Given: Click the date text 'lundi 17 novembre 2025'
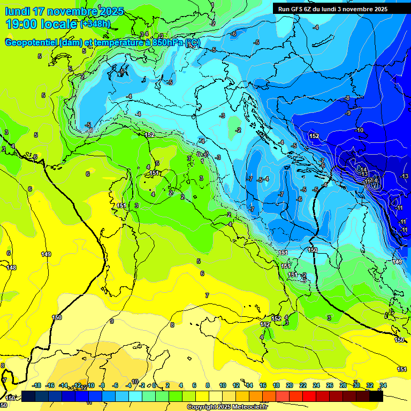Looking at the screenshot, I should (x=64, y=11).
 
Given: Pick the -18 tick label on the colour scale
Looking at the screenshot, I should (x=36, y=385).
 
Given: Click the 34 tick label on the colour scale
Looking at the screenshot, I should (x=383, y=385).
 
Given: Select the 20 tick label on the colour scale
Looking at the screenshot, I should (x=290, y=385).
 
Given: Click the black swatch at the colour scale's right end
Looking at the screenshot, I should (x=376, y=396).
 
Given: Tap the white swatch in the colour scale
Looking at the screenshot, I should (x=216, y=396).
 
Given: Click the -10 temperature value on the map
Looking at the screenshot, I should (x=359, y=130).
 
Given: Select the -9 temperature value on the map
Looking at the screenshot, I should (x=348, y=113).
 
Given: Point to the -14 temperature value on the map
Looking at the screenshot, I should (x=363, y=169).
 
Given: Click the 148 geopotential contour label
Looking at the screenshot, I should (x=11, y=268).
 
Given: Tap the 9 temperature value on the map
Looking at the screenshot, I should (x=112, y=321).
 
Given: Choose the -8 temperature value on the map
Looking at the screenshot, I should (x=347, y=98).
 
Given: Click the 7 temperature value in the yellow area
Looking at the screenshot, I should (x=207, y=295).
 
